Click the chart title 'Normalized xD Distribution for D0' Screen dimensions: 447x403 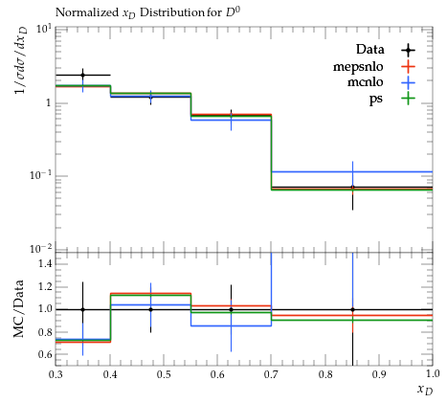point(147,12)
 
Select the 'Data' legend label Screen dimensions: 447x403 point(370,50)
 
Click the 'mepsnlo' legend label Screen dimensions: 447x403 point(358,67)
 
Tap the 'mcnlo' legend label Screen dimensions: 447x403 point(366,82)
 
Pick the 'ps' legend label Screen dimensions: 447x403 point(376,100)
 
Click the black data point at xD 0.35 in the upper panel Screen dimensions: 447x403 point(83,76)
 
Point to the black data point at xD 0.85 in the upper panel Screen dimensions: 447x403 point(352,187)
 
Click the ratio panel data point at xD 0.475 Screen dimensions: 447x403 point(150,309)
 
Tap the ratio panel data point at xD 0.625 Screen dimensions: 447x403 point(231,309)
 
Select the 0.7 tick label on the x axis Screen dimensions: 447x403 point(271,374)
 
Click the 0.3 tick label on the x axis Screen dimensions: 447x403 point(56,374)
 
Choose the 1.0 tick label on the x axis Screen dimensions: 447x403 point(433,374)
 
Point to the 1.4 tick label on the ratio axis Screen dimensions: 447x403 point(45,264)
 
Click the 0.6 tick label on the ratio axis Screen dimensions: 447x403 point(45,354)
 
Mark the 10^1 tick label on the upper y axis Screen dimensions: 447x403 point(44,29)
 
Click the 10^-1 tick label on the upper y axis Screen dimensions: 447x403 point(40,175)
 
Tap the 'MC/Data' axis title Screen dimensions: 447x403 point(19,309)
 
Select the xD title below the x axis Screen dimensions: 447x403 point(425,390)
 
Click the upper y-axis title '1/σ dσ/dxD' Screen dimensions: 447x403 point(21,61)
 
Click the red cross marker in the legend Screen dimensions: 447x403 point(408,67)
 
